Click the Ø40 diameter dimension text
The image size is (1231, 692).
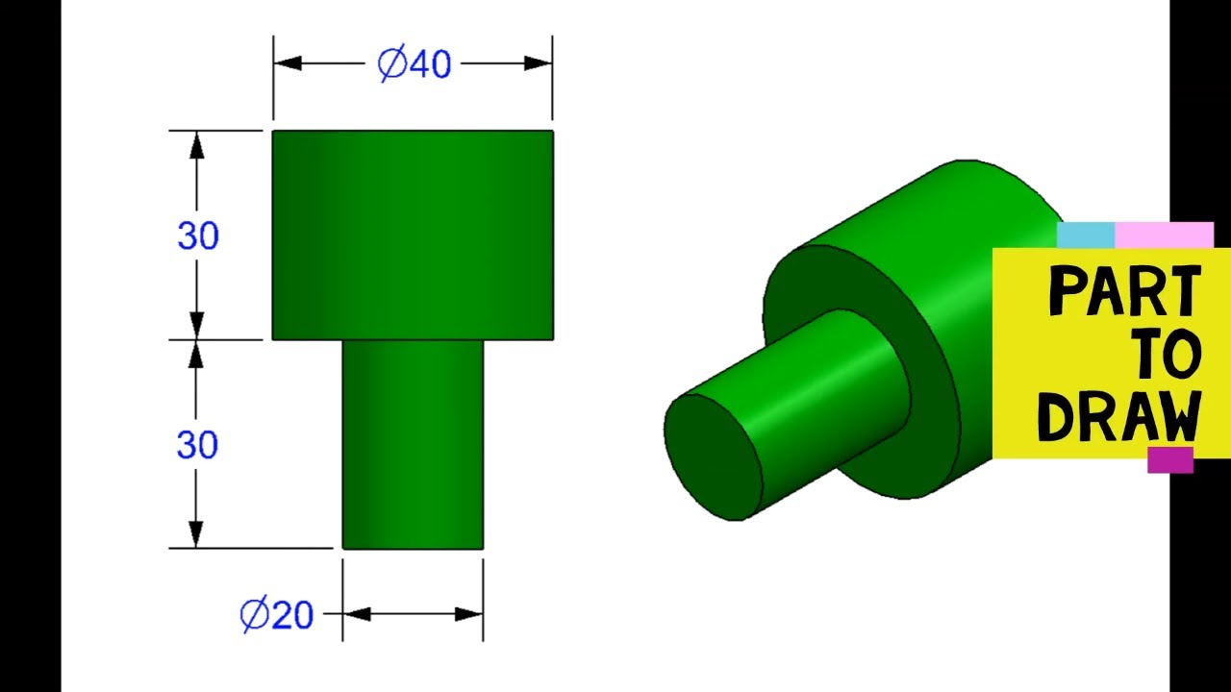click(x=414, y=64)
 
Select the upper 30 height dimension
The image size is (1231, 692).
click(x=198, y=235)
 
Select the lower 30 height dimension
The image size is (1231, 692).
click(x=197, y=445)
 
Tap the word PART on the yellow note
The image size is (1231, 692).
click(x=1124, y=292)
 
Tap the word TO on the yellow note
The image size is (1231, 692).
click(x=1167, y=356)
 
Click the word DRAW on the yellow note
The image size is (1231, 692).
click(x=1120, y=417)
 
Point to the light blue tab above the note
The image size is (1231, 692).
click(x=1085, y=235)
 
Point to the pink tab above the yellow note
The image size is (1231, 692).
click(x=1164, y=235)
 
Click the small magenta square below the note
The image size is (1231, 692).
click(x=1169, y=460)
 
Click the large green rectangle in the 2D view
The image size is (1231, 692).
click(x=413, y=235)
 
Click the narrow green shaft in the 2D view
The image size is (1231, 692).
click(x=413, y=444)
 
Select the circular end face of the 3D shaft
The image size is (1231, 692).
click(x=713, y=457)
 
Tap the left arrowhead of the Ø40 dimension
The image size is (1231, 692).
click(x=288, y=63)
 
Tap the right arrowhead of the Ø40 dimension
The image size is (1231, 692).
click(x=538, y=63)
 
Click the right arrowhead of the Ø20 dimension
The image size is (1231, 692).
click(x=469, y=613)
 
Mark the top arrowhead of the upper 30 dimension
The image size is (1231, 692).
click(x=197, y=145)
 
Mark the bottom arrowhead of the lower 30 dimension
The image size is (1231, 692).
click(x=197, y=534)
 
